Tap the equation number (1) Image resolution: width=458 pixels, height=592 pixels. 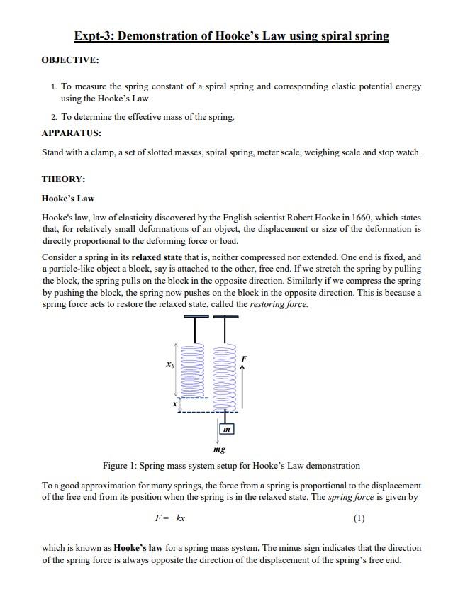tap(359, 518)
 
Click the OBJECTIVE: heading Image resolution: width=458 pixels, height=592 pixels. tap(70, 60)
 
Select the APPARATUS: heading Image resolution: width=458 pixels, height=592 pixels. tap(71, 133)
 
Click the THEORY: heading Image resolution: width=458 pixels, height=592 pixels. tap(63, 179)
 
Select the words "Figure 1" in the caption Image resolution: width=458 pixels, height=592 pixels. tap(121, 466)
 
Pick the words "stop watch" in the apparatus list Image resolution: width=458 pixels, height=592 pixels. tap(402, 152)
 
